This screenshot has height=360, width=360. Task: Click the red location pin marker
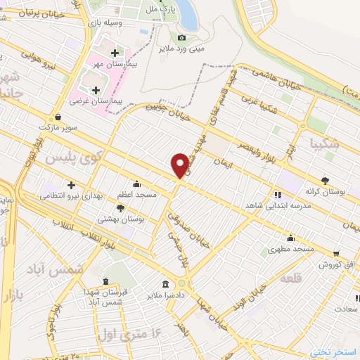(181, 165)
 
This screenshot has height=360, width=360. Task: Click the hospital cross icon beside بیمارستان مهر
(115, 52)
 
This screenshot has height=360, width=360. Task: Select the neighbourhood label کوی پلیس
(70, 158)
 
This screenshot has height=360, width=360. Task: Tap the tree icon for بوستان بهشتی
(120, 208)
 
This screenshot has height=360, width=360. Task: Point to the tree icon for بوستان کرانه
(324, 180)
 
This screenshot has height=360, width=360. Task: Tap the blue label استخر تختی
(335, 351)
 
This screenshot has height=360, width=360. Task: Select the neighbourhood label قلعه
(291, 279)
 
